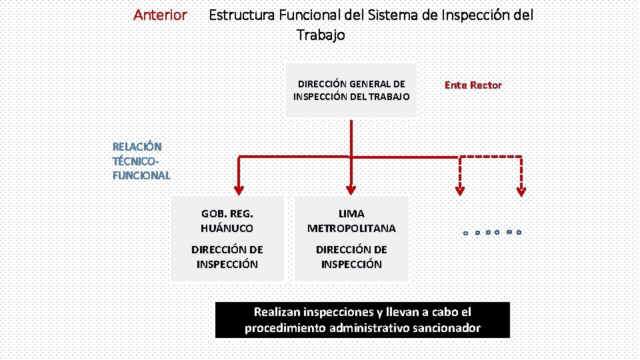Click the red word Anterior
click(160, 15)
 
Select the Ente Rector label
click(473, 85)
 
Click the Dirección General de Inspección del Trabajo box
click(351, 91)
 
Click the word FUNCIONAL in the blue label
click(141, 175)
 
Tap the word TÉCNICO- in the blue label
click(137, 161)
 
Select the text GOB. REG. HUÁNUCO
click(227, 221)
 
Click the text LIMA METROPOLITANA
click(351, 221)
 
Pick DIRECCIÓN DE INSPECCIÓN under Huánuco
click(227, 257)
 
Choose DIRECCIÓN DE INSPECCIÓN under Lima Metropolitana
click(351, 257)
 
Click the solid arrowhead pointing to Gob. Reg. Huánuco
click(239, 189)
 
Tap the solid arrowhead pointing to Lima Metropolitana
click(351, 189)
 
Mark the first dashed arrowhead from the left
click(459, 190)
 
